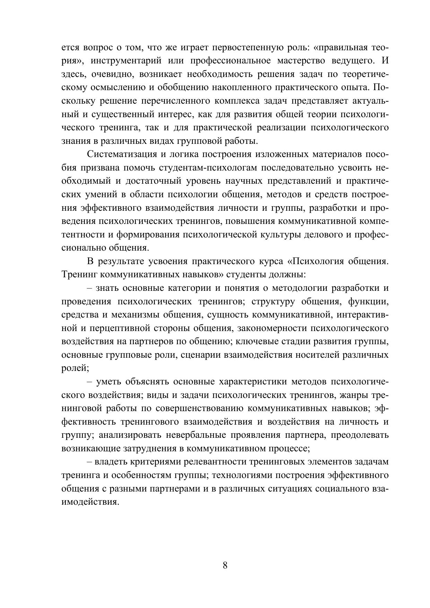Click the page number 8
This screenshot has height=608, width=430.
[225, 566]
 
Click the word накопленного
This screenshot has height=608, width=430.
[241, 87]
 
